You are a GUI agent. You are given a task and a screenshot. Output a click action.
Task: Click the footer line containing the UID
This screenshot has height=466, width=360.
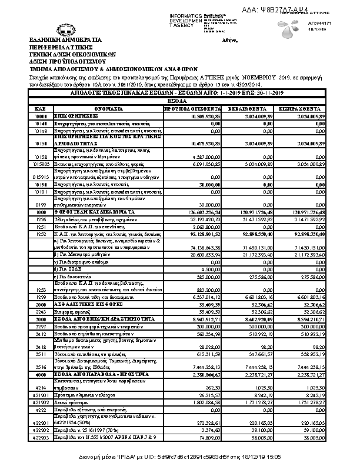[179, 457]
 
